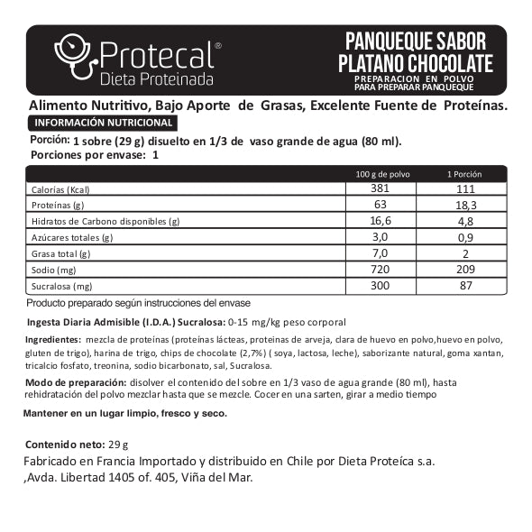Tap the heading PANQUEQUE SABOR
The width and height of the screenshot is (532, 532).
click(x=416, y=41)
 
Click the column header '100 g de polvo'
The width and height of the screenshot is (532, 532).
click(x=379, y=174)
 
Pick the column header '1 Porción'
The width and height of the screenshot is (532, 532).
click(x=464, y=174)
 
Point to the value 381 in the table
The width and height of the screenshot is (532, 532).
click(x=379, y=189)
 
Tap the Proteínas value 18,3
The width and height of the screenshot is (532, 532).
click(x=463, y=206)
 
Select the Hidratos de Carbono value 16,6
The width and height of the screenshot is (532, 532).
click(x=379, y=222)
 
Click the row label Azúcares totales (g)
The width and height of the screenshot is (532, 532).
click(x=72, y=238)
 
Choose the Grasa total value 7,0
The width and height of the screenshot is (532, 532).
click(x=379, y=254)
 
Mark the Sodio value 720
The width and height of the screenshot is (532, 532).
click(x=379, y=271)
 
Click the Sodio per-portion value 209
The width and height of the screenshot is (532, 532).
click(x=463, y=271)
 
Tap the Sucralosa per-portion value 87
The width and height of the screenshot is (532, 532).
click(x=463, y=287)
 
